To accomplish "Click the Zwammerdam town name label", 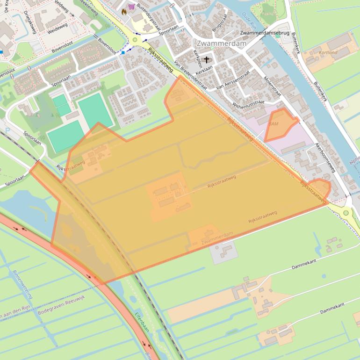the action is click(215, 43).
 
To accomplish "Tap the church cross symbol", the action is click(207, 60).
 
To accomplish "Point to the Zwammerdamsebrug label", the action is click(265, 33).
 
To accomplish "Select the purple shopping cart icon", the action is click(131, 7).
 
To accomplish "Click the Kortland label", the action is click(328, 53).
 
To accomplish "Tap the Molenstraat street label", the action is click(272, 86).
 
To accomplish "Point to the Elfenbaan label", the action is click(140, 322).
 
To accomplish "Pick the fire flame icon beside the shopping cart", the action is click(124, 12).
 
